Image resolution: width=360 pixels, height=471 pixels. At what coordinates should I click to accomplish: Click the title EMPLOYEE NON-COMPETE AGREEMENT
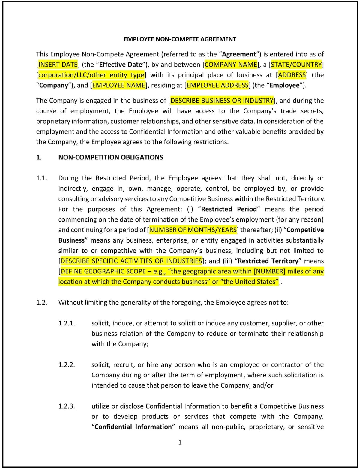[180, 39]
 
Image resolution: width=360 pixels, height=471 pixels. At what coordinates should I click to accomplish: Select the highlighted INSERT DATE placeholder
[58, 65]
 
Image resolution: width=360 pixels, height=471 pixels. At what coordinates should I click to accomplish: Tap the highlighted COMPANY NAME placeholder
[231, 65]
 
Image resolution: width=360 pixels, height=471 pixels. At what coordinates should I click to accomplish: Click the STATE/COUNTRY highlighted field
[296, 65]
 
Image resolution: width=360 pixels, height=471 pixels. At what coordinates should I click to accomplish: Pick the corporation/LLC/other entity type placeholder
[91, 75]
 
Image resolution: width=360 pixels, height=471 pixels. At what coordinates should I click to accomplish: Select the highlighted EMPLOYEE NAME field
[119, 85]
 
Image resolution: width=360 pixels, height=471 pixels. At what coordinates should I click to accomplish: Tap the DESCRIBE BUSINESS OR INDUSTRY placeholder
[222, 101]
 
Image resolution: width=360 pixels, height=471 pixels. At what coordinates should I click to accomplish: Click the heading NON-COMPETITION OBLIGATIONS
[111, 157]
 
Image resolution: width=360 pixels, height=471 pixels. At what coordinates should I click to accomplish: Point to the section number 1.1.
[42, 178]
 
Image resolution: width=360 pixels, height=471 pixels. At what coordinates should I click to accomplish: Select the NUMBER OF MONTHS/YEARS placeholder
[193, 230]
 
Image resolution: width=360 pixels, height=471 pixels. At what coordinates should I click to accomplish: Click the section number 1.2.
[42, 303]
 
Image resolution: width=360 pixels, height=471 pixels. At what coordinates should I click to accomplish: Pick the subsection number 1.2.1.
[67, 323]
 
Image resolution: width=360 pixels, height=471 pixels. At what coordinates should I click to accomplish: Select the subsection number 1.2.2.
[67, 365]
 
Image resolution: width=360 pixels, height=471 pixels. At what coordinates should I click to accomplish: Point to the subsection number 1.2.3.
[67, 406]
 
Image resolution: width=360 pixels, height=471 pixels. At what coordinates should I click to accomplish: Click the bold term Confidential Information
[133, 427]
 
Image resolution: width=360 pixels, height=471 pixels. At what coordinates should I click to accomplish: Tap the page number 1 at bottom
[180, 442]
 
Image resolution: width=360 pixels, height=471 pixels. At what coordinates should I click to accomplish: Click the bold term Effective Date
[121, 65]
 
